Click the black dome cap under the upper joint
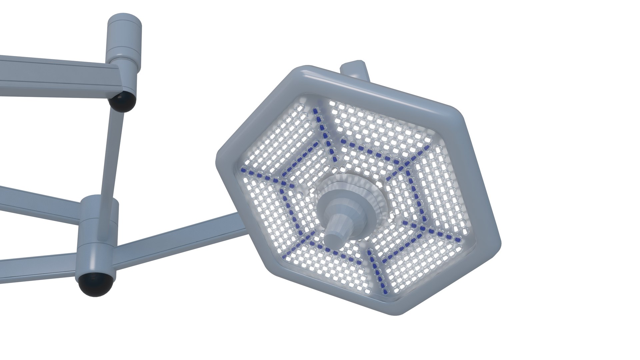click(x=124, y=101)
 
